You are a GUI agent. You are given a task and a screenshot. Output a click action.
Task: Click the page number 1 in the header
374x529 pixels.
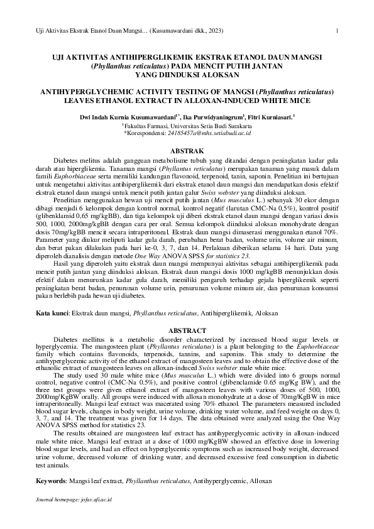pos(338,30)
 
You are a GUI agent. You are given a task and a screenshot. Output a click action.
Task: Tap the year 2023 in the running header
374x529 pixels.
pos(212,30)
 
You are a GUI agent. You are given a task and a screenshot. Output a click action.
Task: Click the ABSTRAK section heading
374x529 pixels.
pos(187,151)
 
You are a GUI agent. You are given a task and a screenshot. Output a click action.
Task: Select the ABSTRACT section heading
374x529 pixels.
pos(187,330)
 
